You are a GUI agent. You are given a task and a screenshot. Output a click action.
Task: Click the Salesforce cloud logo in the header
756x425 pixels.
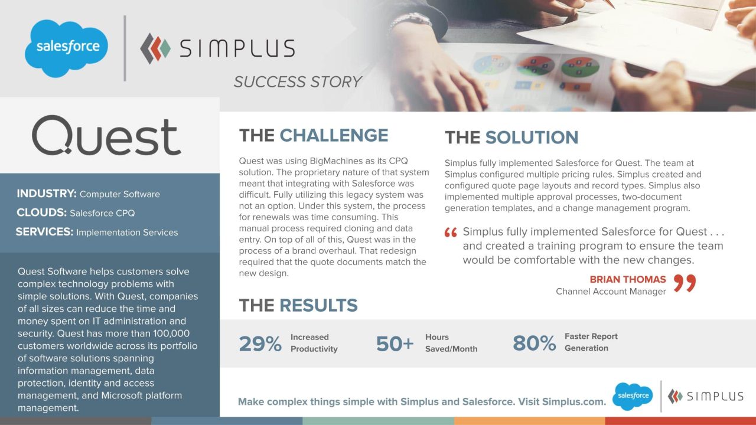coord(66,48)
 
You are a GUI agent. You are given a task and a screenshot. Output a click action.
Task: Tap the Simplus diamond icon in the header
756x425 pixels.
coord(155,48)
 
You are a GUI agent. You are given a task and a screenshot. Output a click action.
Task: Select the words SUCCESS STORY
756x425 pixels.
coord(297,82)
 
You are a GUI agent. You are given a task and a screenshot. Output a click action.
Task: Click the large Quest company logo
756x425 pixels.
coord(106,135)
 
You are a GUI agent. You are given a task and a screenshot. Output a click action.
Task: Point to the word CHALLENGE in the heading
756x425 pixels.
coord(334,135)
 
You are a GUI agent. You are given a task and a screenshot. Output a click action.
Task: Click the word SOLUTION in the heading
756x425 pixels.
coord(532,138)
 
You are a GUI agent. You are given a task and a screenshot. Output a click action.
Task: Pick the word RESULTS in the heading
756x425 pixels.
coord(318,305)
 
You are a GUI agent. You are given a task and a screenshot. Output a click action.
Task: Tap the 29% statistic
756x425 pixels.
coord(260,344)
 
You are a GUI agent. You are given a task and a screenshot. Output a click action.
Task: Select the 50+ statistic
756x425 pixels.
coord(395,344)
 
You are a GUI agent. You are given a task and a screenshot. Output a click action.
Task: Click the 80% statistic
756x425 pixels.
coord(534,343)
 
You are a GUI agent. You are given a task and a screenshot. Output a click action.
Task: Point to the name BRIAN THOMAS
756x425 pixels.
coord(627,279)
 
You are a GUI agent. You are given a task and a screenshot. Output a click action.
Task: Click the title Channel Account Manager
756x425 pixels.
coord(611,292)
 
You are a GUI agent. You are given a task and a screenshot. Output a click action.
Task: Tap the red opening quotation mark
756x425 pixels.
coord(451,233)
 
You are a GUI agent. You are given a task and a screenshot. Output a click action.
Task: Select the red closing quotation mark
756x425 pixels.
coord(685,283)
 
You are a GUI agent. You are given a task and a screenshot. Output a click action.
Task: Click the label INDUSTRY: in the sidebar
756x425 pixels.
coord(47,194)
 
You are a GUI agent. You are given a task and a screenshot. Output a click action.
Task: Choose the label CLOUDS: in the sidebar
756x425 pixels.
coord(42,212)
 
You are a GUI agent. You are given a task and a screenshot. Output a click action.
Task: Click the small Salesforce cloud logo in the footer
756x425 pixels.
coord(632,396)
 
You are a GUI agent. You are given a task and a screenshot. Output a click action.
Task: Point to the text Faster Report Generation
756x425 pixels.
coord(591,342)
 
